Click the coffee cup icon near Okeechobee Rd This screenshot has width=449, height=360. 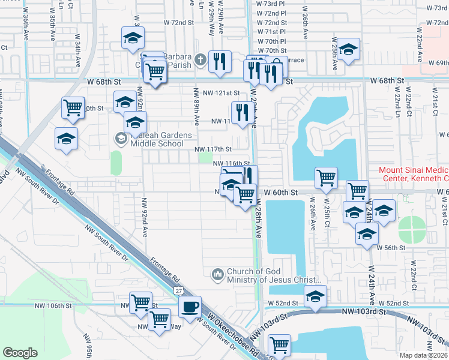pyautogui.click(x=190, y=307)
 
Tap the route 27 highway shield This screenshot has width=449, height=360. pyautogui.click(x=179, y=290)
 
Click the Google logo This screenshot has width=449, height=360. pyautogui.click(x=20, y=353)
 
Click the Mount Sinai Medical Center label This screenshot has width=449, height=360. pyautogui.click(x=414, y=174)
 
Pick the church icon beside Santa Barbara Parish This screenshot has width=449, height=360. pyautogui.click(x=200, y=59)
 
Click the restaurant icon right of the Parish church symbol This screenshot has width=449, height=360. pyautogui.click(x=220, y=60)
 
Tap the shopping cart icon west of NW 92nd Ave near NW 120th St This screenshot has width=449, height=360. pyautogui.click(x=73, y=108)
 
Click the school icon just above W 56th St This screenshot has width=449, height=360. pyautogui.click(x=366, y=235)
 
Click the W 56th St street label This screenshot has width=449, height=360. pyautogui.click(x=392, y=247)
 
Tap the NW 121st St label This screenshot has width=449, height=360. pyautogui.click(x=221, y=93)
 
